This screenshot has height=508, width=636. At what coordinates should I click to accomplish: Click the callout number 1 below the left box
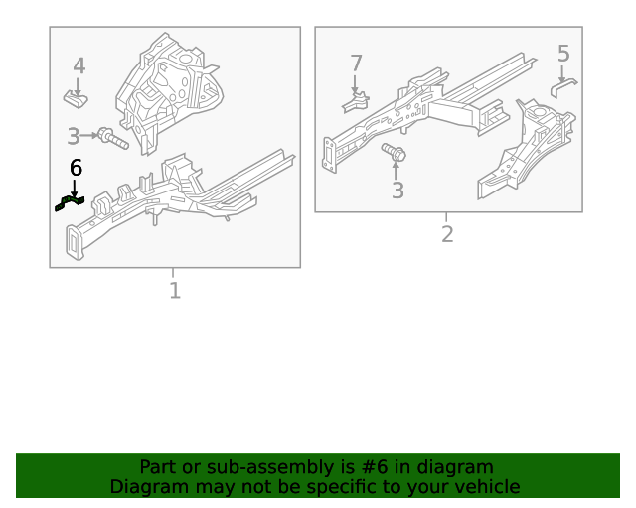point(175,291)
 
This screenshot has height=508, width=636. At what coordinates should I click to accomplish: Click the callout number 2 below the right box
point(447,234)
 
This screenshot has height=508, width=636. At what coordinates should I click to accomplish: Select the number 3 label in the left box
point(74,137)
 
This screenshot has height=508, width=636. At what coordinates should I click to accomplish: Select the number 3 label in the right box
point(397,190)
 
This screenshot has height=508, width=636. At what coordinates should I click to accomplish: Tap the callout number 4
point(79,66)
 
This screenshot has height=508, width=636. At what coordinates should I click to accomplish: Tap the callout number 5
point(563,53)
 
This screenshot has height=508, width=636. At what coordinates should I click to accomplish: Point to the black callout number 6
point(75,169)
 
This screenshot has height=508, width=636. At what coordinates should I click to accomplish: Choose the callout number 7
point(356,63)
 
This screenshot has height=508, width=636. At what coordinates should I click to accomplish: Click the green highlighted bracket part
point(69,202)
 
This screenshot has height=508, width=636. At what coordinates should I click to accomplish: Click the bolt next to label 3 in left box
point(112,139)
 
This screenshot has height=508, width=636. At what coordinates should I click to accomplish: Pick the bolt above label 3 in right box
point(395,154)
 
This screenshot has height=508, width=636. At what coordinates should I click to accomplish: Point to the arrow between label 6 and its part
point(74,187)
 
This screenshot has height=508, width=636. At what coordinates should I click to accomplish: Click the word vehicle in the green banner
point(485,487)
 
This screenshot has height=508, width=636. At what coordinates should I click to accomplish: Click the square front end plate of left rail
point(76,243)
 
